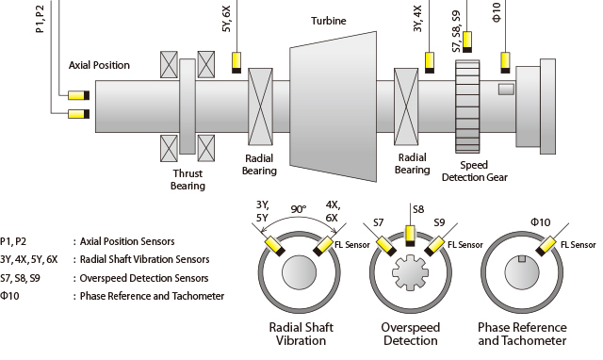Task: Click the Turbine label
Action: coord(329,21)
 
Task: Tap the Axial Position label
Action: coord(99,65)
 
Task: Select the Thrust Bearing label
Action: coord(187,180)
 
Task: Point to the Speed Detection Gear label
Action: coord(475,172)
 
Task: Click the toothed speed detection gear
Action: coord(467,106)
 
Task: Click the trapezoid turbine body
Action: coord(333,106)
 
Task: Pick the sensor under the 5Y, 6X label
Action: coord(236,63)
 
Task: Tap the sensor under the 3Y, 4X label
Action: coord(430,63)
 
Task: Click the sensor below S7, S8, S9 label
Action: coord(467,41)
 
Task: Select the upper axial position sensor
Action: coord(79,95)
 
